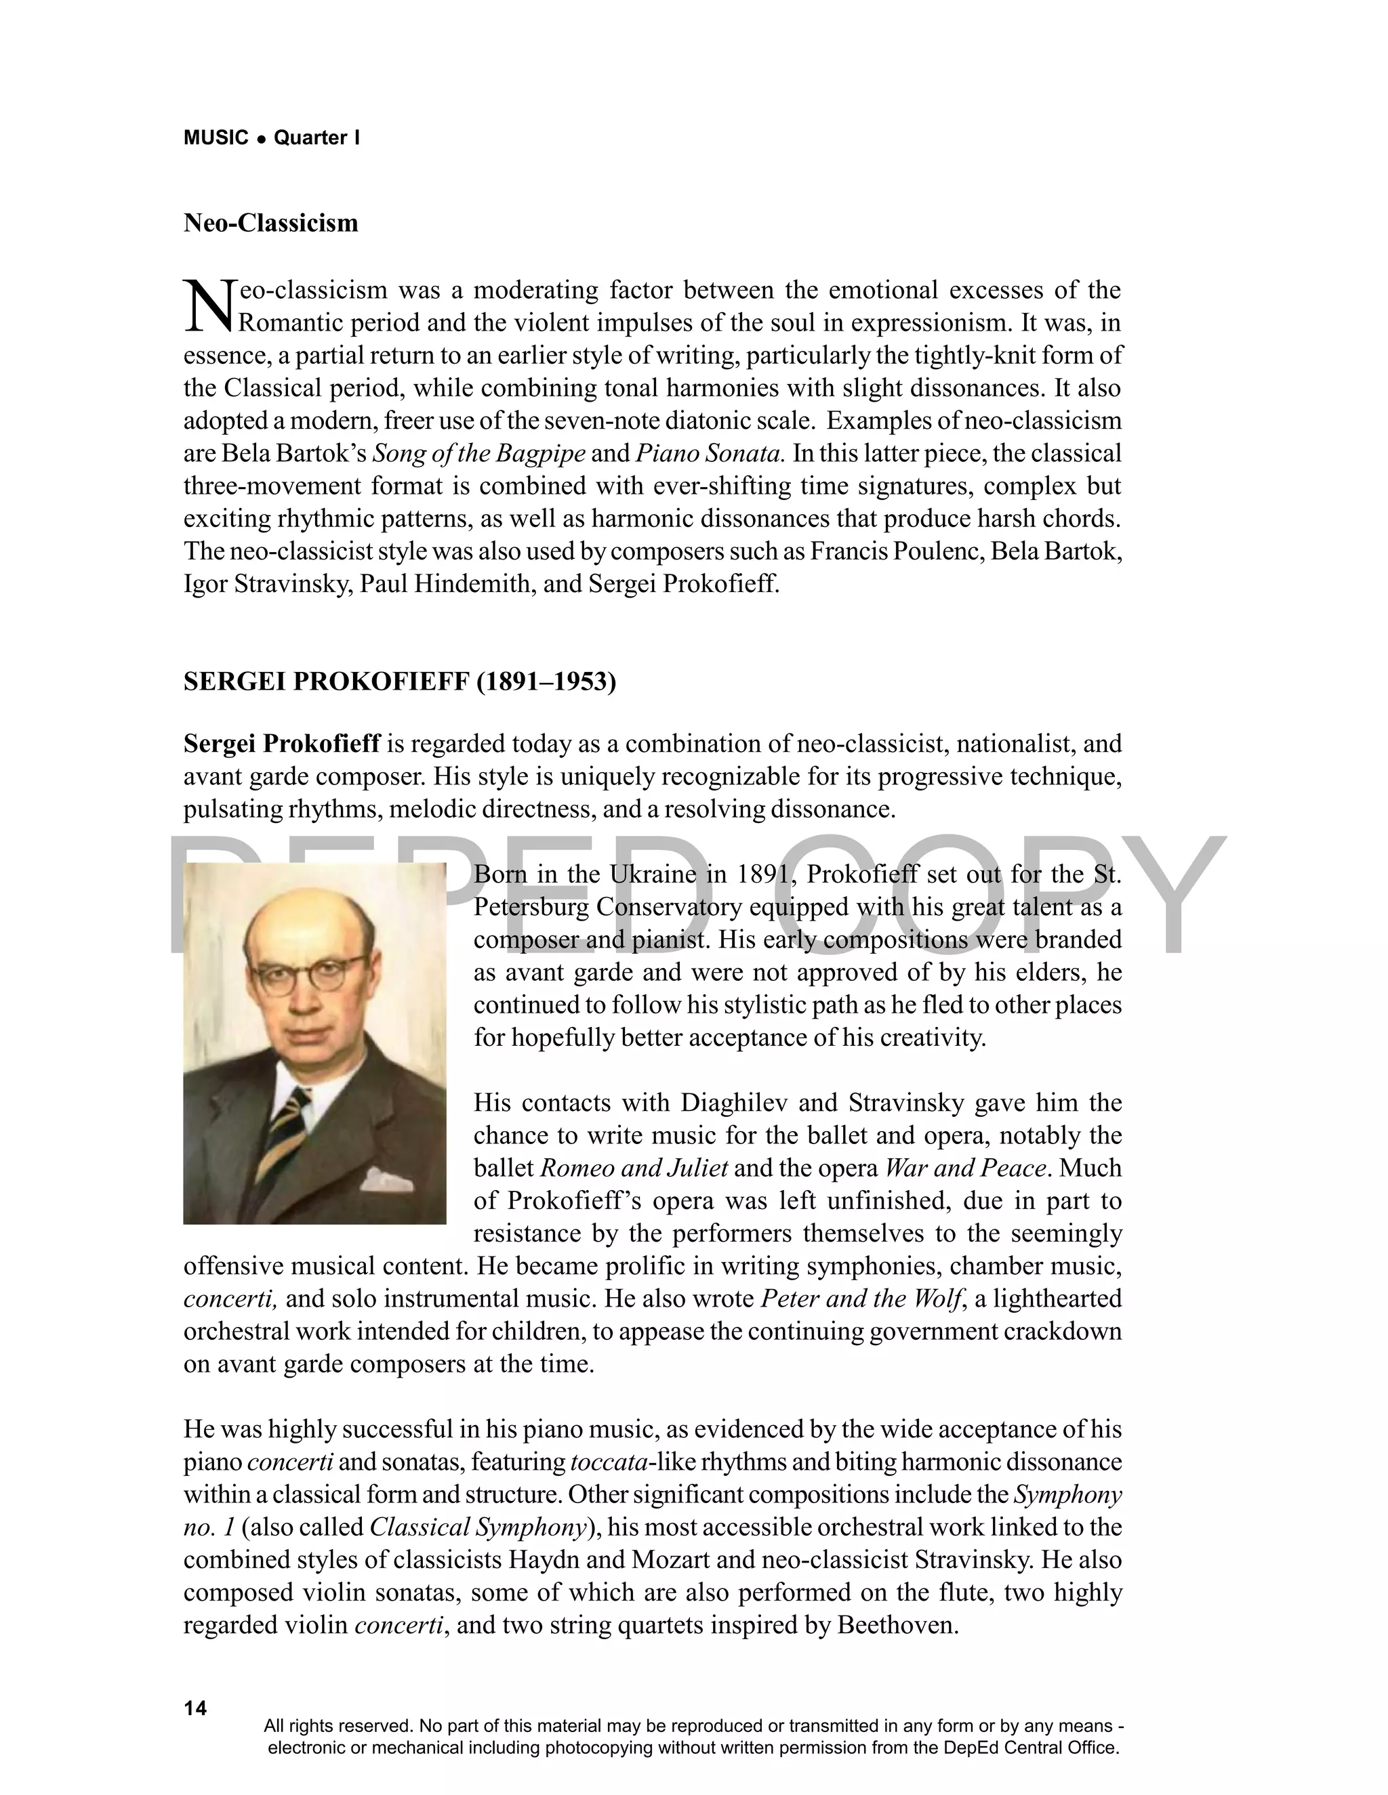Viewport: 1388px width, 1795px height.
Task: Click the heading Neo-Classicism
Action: (270, 223)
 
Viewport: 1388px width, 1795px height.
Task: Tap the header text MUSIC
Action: (216, 138)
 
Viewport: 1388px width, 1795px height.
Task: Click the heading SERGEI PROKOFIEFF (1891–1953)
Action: (400, 681)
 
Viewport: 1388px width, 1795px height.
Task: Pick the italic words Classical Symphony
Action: (477, 1527)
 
